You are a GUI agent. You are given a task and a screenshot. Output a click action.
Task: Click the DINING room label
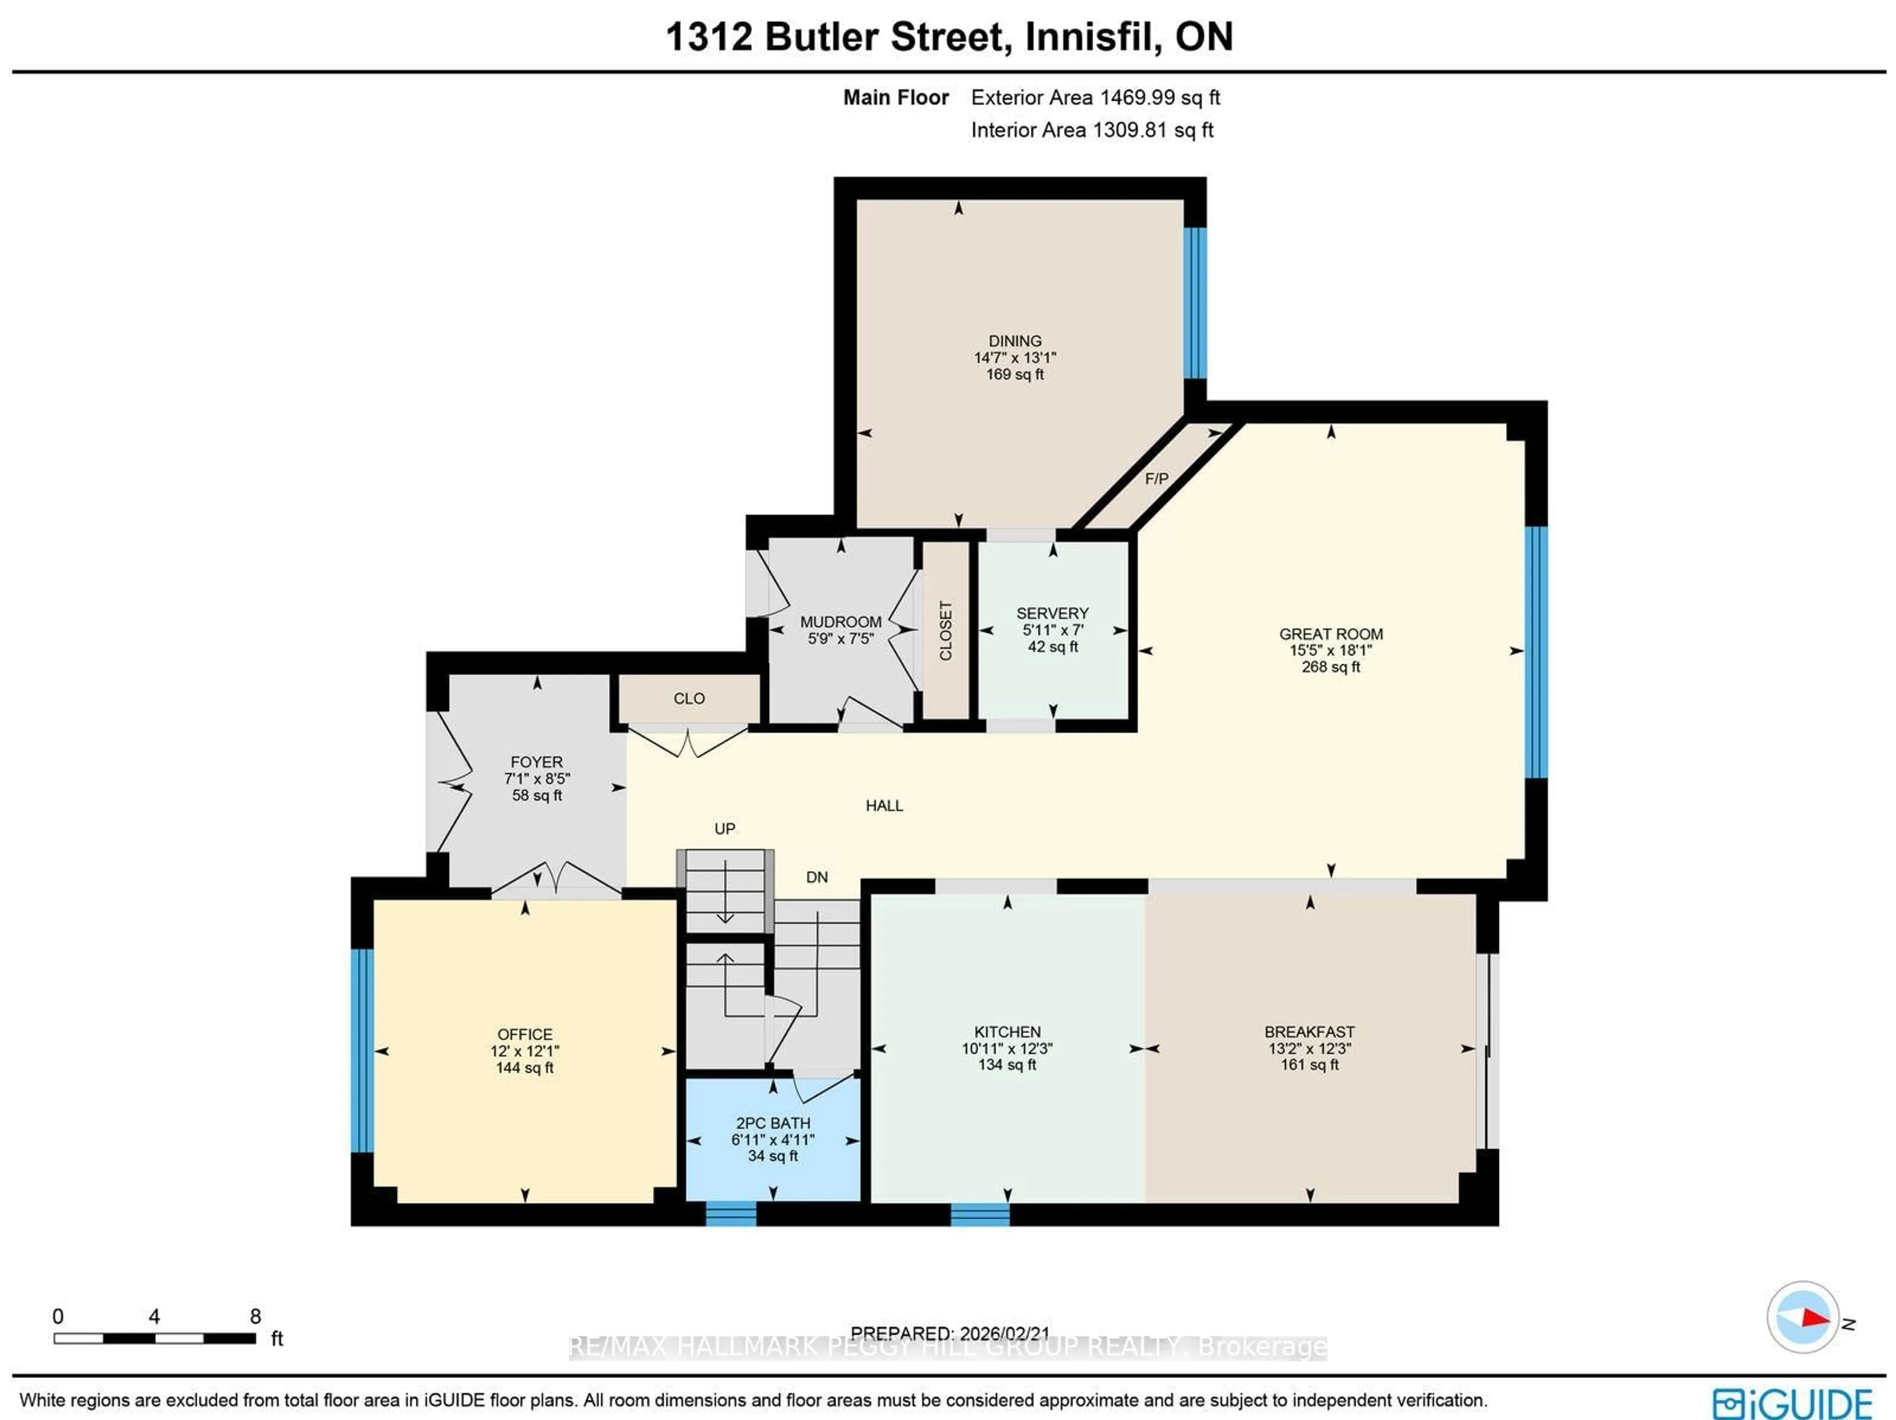pos(1015,340)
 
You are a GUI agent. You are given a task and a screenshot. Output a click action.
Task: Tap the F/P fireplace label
pos(1156,479)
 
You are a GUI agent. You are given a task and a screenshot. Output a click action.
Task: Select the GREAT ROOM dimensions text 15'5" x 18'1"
pos(1330,650)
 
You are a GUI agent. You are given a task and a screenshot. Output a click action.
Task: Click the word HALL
pos(884,805)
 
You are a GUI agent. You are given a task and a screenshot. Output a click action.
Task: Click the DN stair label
pos(816,877)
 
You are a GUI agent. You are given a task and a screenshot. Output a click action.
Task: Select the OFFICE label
pos(524,1034)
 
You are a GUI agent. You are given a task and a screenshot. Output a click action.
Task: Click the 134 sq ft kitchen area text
pos(1007,1064)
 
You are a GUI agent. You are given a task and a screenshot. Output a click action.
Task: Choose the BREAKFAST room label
pos(1309,1032)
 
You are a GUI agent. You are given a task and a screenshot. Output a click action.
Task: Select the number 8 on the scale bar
pos(255,1316)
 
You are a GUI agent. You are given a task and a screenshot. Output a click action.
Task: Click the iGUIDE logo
pos(1791,1403)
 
